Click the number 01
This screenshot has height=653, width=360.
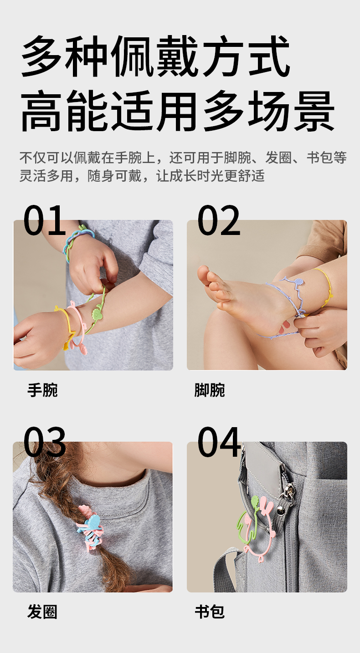coord(44,220)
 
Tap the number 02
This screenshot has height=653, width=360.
coord(219,220)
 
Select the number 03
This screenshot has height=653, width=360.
coord(44,442)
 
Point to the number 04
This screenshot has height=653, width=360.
coord(219,442)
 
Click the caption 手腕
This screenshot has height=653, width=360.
coord(42,390)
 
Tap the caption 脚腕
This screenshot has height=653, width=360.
coord(210,390)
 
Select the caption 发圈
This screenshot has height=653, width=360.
coord(42,611)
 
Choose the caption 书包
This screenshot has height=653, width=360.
coord(210,611)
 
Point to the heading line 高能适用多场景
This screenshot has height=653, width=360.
coord(178,111)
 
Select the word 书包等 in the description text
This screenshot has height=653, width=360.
coord(326,158)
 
